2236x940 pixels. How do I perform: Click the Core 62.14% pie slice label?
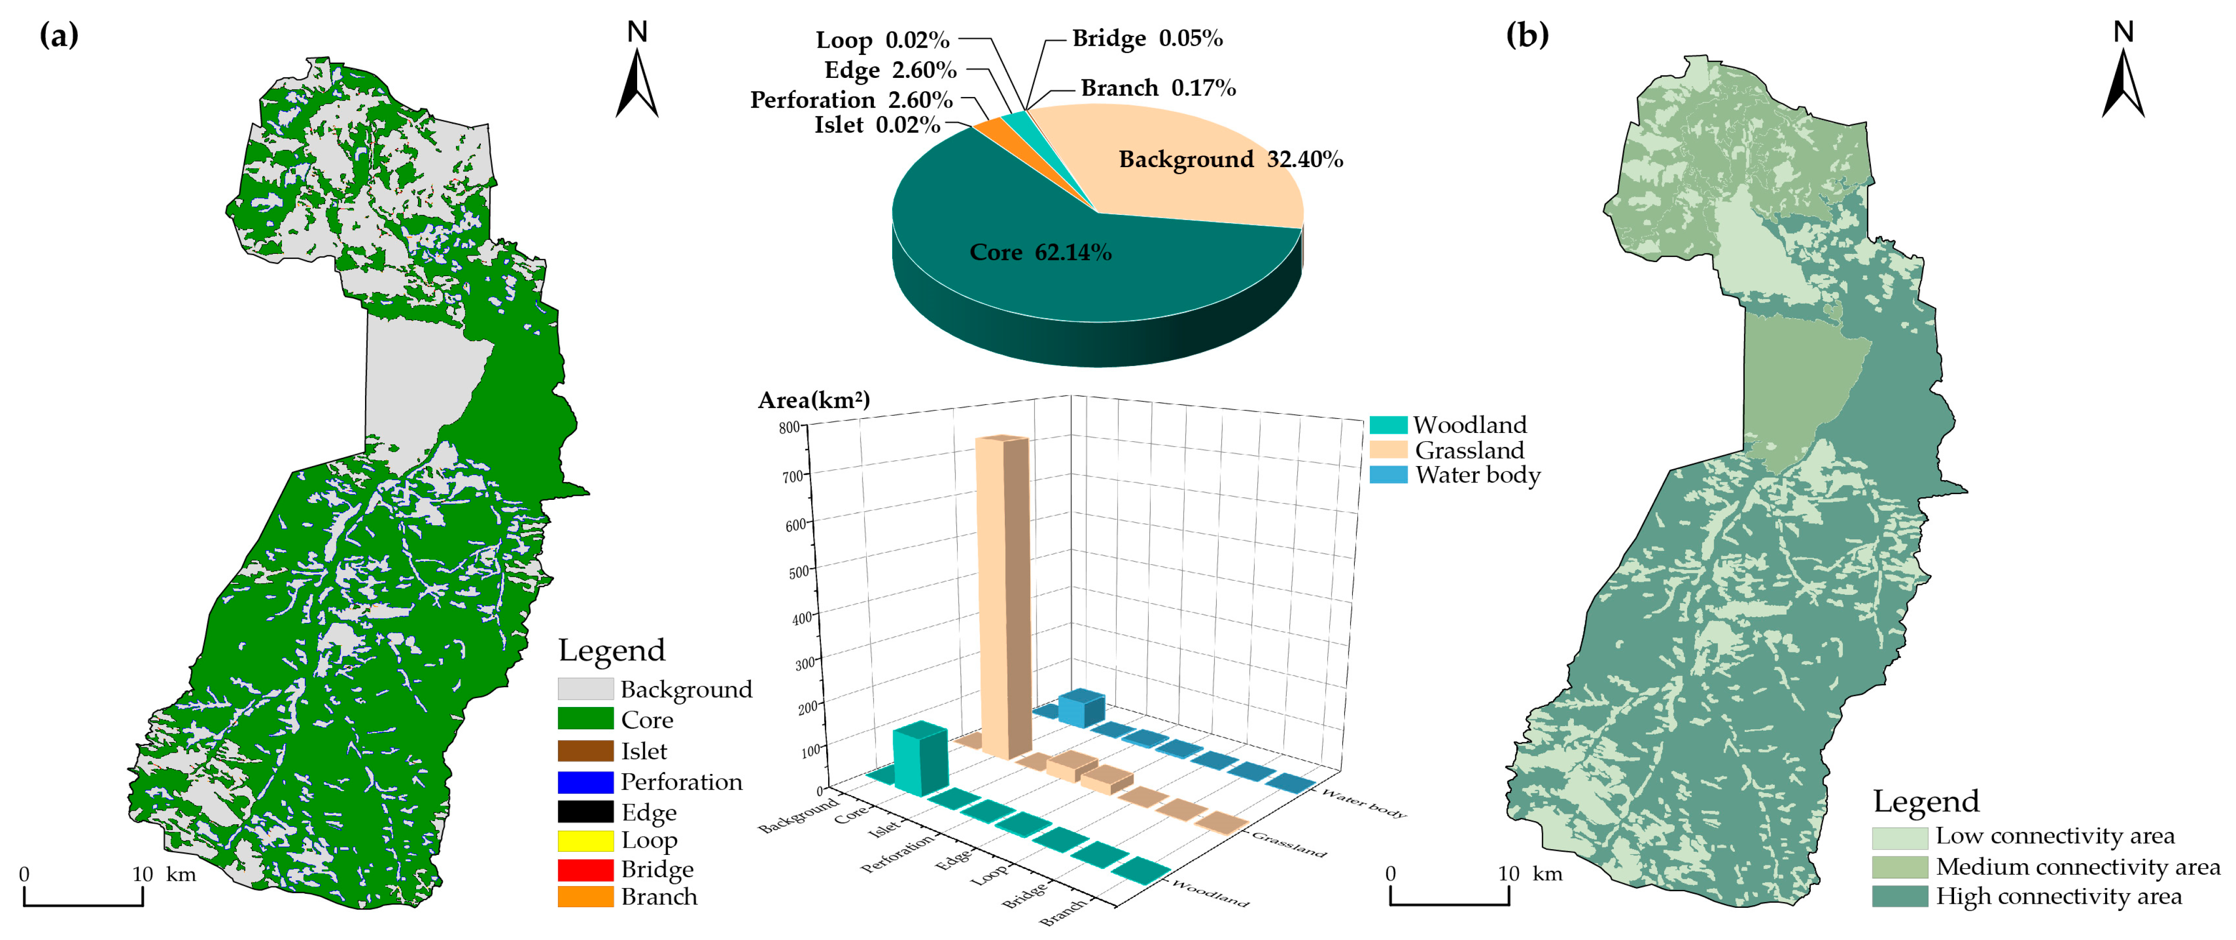point(1040,253)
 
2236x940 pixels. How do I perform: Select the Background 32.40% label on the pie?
point(1230,160)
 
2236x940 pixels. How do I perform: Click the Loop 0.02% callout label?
point(882,40)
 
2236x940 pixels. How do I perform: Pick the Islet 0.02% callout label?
point(877,125)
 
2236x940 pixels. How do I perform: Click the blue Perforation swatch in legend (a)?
point(585,782)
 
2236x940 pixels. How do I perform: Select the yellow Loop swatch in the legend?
point(585,840)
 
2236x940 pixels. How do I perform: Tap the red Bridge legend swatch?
point(585,869)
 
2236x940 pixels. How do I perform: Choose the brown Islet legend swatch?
point(585,751)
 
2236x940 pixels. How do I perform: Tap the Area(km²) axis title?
point(813,400)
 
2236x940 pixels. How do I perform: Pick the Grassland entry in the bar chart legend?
point(1468,449)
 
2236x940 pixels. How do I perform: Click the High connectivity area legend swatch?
point(1899,896)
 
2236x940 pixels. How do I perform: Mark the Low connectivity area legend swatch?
point(1899,837)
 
